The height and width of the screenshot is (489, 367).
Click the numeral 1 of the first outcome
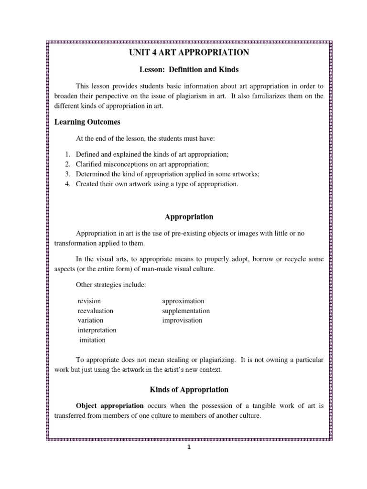click(68, 154)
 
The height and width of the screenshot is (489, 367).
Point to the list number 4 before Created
click(68, 184)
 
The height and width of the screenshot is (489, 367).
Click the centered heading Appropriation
click(189, 217)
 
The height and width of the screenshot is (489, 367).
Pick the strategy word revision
click(89, 301)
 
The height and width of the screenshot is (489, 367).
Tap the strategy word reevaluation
click(96, 311)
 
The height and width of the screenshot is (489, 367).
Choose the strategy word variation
click(90, 320)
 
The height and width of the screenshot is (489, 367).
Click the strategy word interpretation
click(97, 330)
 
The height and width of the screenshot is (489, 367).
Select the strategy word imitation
click(93, 340)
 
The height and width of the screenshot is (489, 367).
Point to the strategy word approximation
click(183, 301)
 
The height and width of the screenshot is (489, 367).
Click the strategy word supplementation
click(186, 311)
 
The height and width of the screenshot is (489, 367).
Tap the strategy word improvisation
click(182, 320)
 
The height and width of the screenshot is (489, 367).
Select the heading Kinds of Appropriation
click(189, 389)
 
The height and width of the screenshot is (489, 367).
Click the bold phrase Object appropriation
click(109, 405)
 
